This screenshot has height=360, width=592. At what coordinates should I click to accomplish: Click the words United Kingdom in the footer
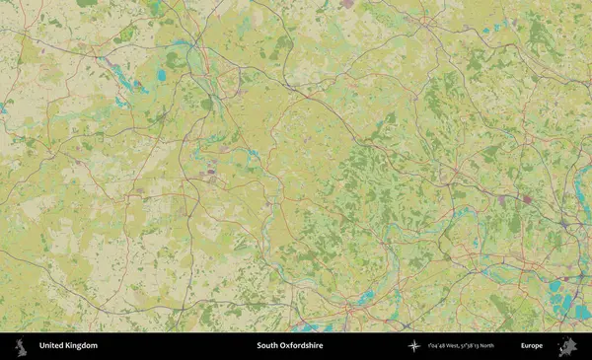68,346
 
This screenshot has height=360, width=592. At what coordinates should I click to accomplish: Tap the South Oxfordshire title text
289,346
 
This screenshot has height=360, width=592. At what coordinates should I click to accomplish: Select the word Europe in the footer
532,346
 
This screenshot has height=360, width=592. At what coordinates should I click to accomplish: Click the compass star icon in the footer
413,346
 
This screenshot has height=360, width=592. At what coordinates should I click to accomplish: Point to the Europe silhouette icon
567,346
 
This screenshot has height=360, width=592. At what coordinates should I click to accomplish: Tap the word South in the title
265,346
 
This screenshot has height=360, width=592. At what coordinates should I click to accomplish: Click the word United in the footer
50,346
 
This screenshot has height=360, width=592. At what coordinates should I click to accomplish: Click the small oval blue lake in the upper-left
161,75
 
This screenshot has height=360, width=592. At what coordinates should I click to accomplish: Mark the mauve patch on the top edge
347,4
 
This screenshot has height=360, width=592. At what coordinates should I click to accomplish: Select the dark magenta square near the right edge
528,199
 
